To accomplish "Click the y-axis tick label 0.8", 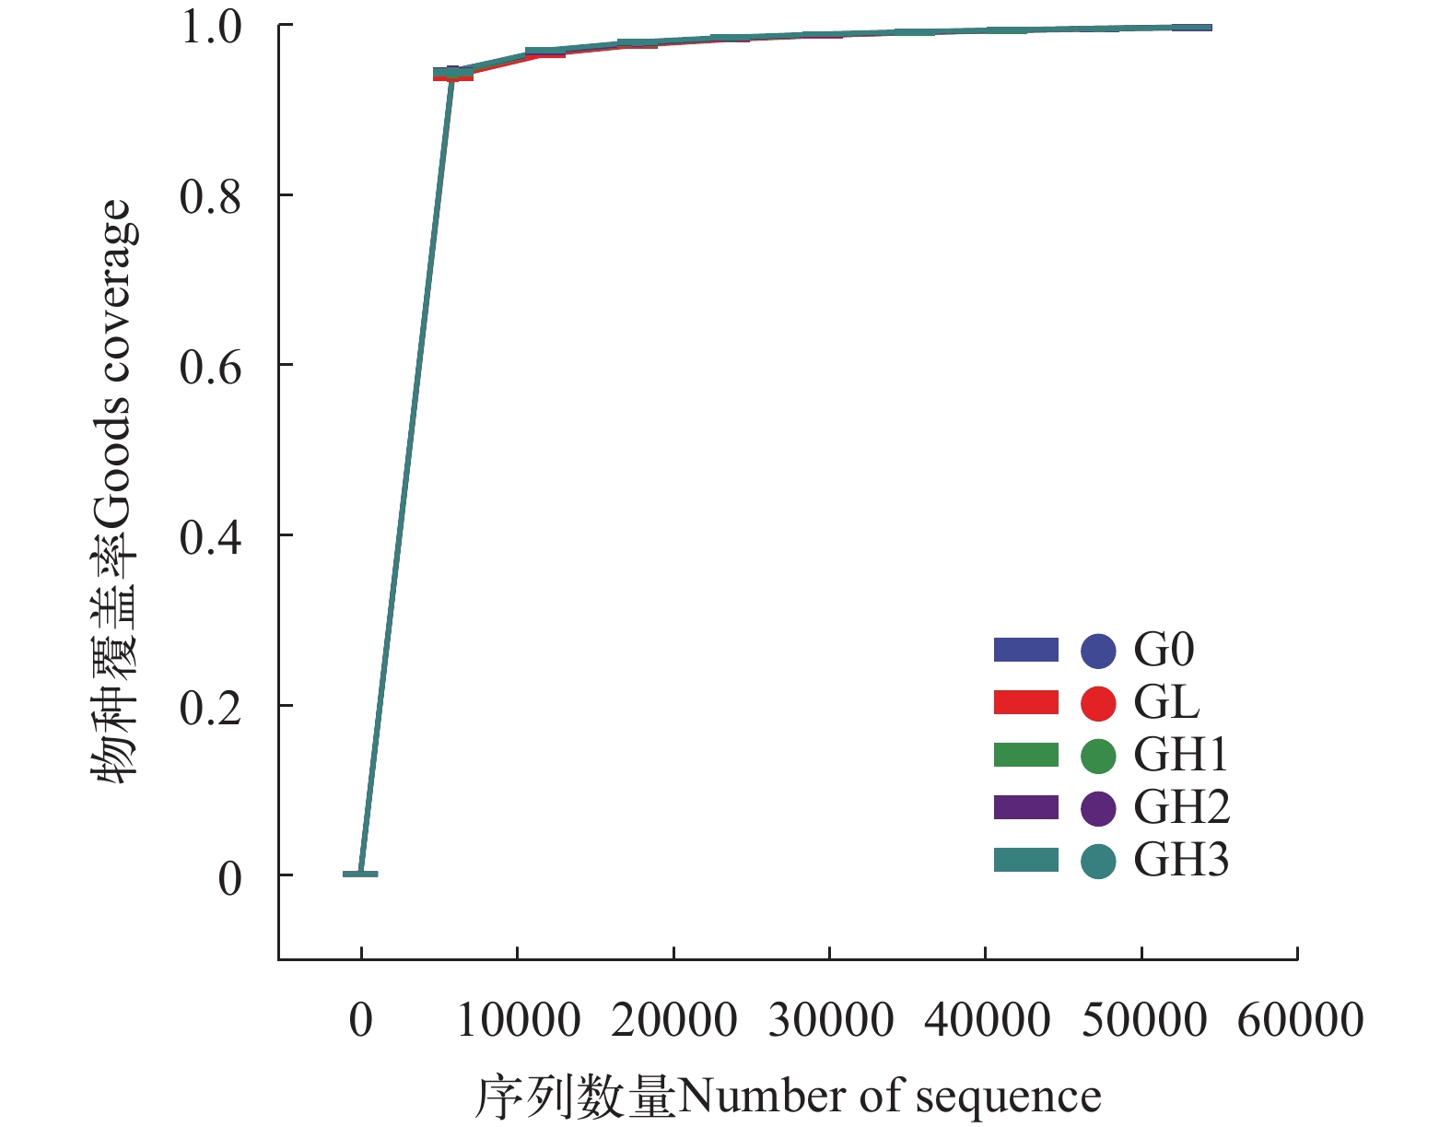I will [210, 197].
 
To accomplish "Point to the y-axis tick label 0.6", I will [210, 368].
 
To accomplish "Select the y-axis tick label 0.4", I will [210, 538].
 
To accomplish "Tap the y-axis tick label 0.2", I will [210, 709].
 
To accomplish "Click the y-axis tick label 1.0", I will [210, 27].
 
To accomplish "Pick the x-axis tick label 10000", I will [519, 1021].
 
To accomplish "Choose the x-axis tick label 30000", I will [831, 1021].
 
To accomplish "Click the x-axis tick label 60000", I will [1300, 1021].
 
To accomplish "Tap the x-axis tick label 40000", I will [988, 1021].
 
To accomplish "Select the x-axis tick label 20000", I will [674, 1021].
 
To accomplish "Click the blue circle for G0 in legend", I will [1098, 651].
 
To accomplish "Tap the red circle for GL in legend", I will [1098, 703].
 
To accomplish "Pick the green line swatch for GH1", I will [1026, 756].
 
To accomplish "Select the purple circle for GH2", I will [1098, 808].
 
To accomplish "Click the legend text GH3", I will [1181, 861].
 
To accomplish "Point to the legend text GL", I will [1166, 703].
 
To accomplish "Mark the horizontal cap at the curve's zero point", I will [360, 874].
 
